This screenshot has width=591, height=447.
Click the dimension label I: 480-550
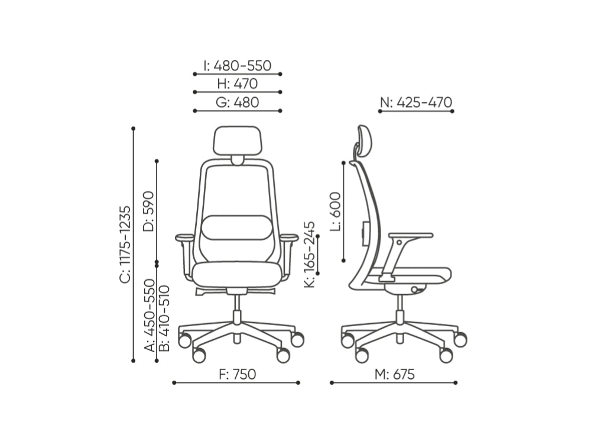point(237,66)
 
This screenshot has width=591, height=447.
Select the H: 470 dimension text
point(237,83)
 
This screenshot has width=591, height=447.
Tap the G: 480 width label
point(237,102)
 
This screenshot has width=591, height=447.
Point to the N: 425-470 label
point(415,102)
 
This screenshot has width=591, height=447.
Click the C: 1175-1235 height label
point(125,245)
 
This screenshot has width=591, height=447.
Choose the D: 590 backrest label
point(148,211)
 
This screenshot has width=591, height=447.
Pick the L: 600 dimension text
point(335,211)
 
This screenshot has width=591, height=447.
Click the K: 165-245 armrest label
point(310,255)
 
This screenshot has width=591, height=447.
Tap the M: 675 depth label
point(395,374)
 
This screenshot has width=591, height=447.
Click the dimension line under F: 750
point(236,382)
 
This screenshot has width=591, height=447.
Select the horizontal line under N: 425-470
point(415,111)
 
